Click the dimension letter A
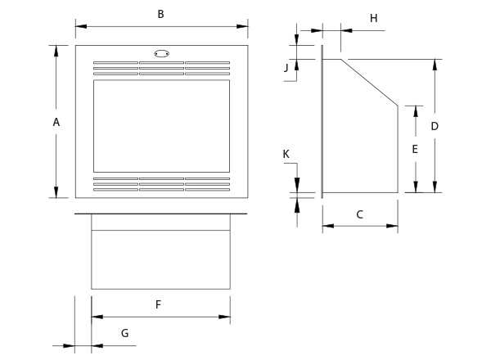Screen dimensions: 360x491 56,122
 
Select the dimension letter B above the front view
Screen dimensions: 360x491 160,14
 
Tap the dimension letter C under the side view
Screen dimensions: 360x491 360,214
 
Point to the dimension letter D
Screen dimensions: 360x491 435,126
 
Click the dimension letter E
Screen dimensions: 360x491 415,150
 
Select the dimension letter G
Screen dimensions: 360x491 125,333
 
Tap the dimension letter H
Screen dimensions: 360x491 373,17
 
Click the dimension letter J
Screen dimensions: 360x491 286,68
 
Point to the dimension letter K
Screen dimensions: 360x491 286,154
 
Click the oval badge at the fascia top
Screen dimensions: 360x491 161,54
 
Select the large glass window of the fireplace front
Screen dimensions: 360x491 161,125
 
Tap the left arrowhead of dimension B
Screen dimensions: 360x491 80,26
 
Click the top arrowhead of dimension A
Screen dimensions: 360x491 56,50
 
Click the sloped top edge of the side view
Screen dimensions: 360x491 370,82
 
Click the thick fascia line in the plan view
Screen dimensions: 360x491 160,214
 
